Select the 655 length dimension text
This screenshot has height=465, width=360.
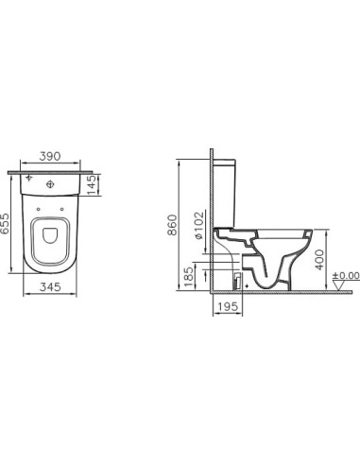(8, 225)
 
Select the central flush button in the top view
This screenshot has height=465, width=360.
(51, 182)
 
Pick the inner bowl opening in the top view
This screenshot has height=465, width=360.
(51, 242)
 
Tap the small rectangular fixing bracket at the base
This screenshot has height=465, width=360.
(237, 279)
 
